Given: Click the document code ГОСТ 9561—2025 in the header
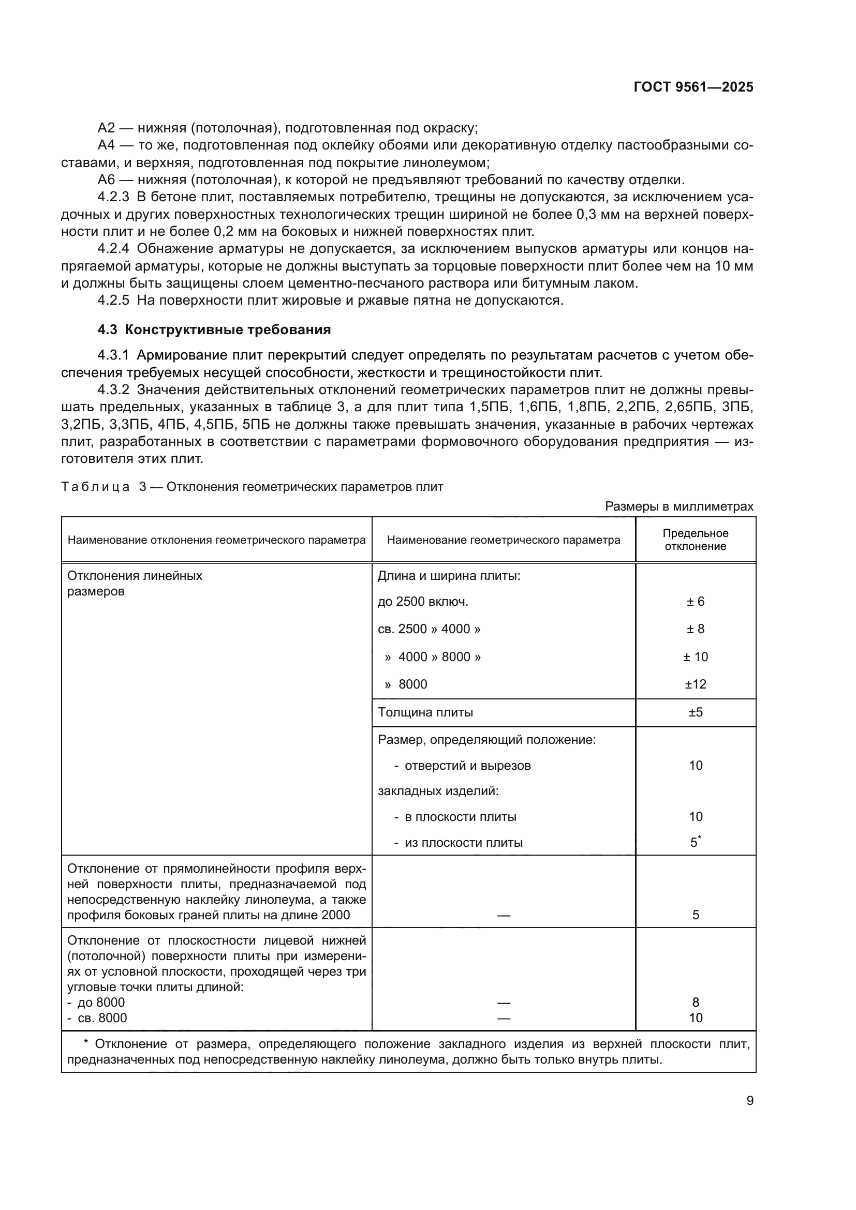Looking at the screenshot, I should [693, 87].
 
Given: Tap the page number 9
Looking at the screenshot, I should [749, 1100].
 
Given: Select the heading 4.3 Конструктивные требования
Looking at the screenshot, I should [214, 330].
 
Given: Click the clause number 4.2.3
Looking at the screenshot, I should [113, 197].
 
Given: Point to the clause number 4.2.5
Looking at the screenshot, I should [113, 301].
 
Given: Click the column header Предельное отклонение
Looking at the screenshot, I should [695, 540].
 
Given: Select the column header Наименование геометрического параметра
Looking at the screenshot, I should [504, 540].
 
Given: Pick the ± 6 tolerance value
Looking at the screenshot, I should [695, 601].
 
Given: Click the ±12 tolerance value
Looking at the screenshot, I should [695, 684].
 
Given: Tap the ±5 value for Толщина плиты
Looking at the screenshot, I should [695, 712].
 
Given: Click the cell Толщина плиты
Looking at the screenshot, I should [425, 712].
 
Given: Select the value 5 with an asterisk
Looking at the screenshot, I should [695, 843].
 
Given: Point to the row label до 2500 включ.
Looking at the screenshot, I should [423, 602].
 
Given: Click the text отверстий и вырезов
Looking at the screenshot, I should [467, 766].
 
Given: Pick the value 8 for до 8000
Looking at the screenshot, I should [695, 1003].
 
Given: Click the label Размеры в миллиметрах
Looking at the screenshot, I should [679, 506].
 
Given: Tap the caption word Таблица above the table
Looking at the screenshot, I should [95, 487].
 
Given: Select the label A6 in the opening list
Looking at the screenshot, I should [106, 180].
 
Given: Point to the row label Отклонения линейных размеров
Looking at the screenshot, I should [135, 583].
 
